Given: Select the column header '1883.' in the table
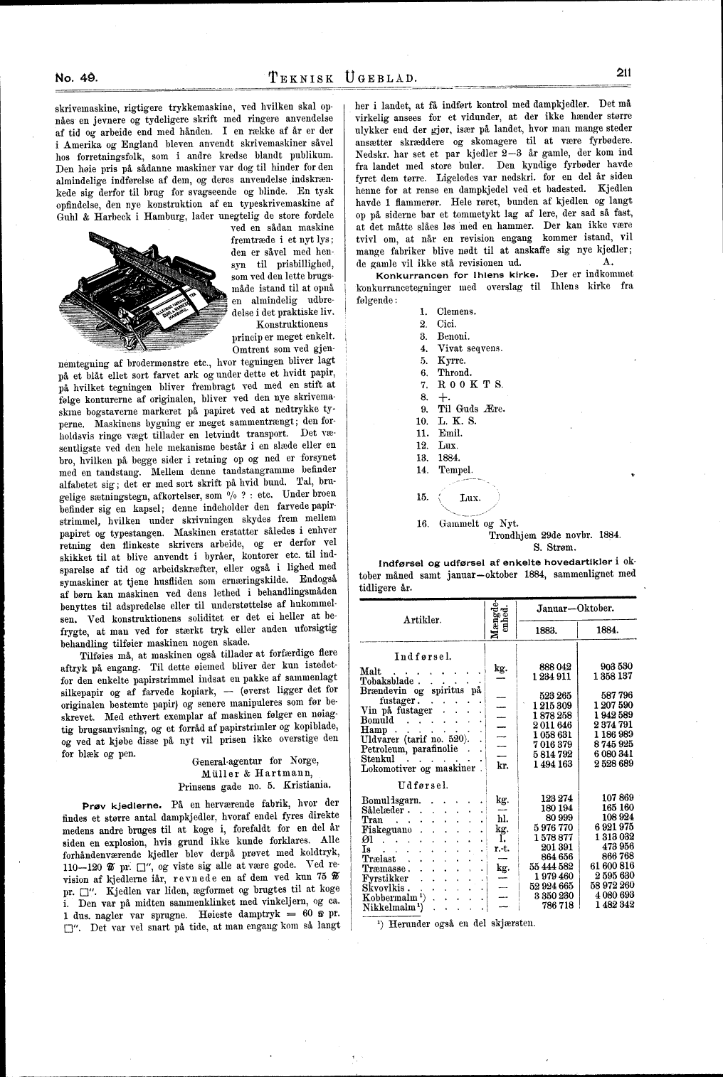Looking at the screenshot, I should click(x=544, y=630).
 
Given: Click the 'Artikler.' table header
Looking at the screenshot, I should click(x=422, y=618).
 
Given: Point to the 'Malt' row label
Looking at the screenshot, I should click(x=371, y=670).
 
